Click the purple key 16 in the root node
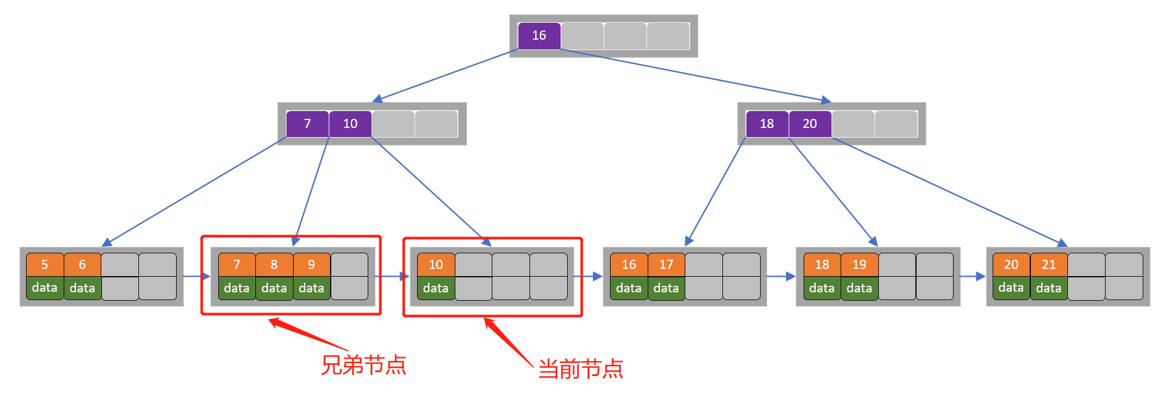(x=539, y=36)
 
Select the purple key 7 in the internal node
(x=307, y=123)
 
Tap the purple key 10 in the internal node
(x=350, y=123)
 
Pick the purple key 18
(x=767, y=123)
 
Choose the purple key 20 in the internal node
(x=809, y=123)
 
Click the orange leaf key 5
(x=45, y=264)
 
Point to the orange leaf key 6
(x=83, y=264)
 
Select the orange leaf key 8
(x=274, y=264)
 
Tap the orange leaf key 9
(x=311, y=264)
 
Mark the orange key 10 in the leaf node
(x=435, y=264)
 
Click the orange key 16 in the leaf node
(x=629, y=264)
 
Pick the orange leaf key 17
(x=666, y=264)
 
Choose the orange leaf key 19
(x=859, y=264)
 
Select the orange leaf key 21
(x=1048, y=264)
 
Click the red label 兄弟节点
(x=364, y=365)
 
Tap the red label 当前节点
(x=580, y=369)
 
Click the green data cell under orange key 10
(x=435, y=288)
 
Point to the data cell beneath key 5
(x=45, y=288)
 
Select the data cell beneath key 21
(x=1048, y=288)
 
